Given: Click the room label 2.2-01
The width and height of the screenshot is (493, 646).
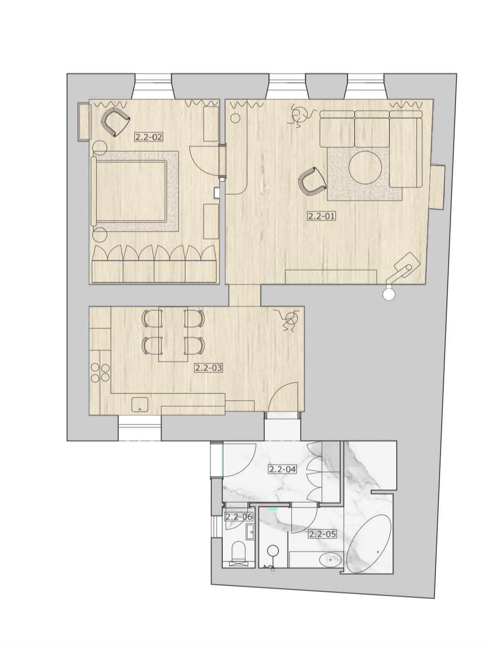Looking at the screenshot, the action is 321,216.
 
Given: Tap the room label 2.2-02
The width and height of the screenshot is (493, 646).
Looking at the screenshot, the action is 149,137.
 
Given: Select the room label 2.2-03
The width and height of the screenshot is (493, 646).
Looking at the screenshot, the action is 209,368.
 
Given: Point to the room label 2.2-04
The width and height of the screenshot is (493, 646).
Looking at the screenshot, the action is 282,469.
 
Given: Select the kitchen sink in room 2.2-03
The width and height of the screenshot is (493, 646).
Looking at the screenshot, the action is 140,405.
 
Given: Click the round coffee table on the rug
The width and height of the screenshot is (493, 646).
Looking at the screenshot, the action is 366,168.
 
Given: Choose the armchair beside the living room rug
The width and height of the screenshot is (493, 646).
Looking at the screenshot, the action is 312,181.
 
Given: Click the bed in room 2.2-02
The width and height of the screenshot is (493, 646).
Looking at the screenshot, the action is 129,191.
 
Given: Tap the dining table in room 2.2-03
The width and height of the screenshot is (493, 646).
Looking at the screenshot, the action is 173,334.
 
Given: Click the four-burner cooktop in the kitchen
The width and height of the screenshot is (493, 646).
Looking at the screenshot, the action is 100,373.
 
